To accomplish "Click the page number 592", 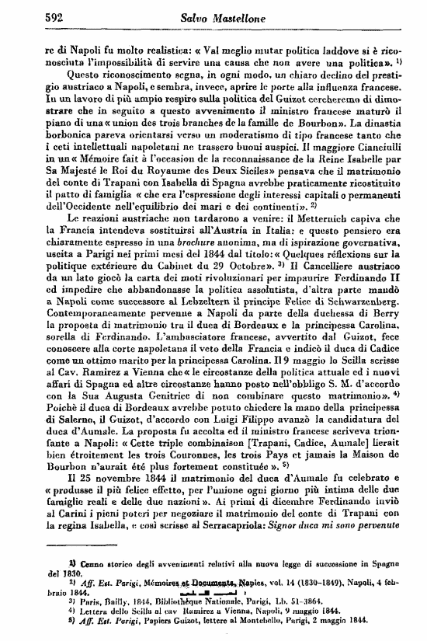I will point(57,16).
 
